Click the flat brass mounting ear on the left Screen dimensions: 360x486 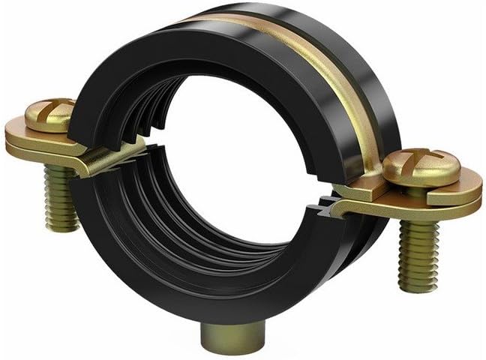pos(37,142)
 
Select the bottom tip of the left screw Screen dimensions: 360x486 pos(63,225)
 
